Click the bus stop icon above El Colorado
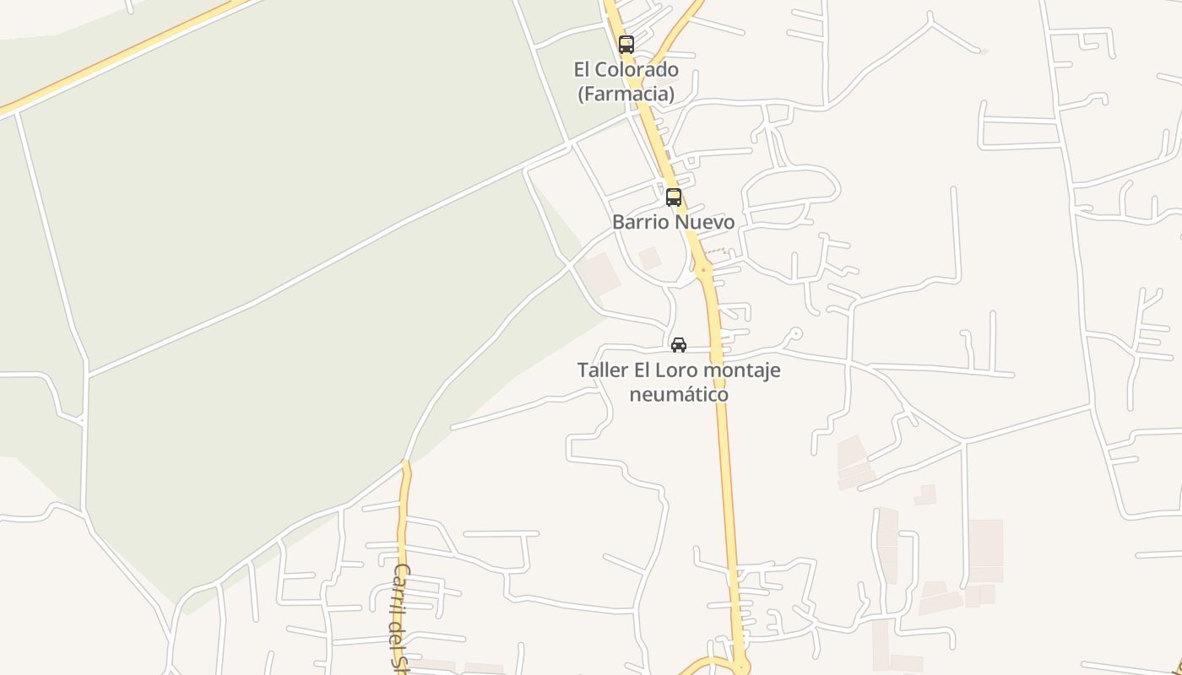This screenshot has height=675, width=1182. (626, 45)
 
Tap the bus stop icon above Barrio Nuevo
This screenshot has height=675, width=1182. (673, 197)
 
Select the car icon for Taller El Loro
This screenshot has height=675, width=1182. (678, 345)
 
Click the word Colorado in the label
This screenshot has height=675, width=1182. (639, 69)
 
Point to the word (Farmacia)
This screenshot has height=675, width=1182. (626, 93)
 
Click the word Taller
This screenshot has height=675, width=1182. (603, 370)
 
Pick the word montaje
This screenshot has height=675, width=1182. (742, 370)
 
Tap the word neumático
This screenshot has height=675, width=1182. (679, 394)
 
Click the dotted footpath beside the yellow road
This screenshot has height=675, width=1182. (716, 251)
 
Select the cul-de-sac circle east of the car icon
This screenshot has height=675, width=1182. (794, 333)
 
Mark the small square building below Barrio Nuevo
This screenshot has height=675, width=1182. (649, 258)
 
